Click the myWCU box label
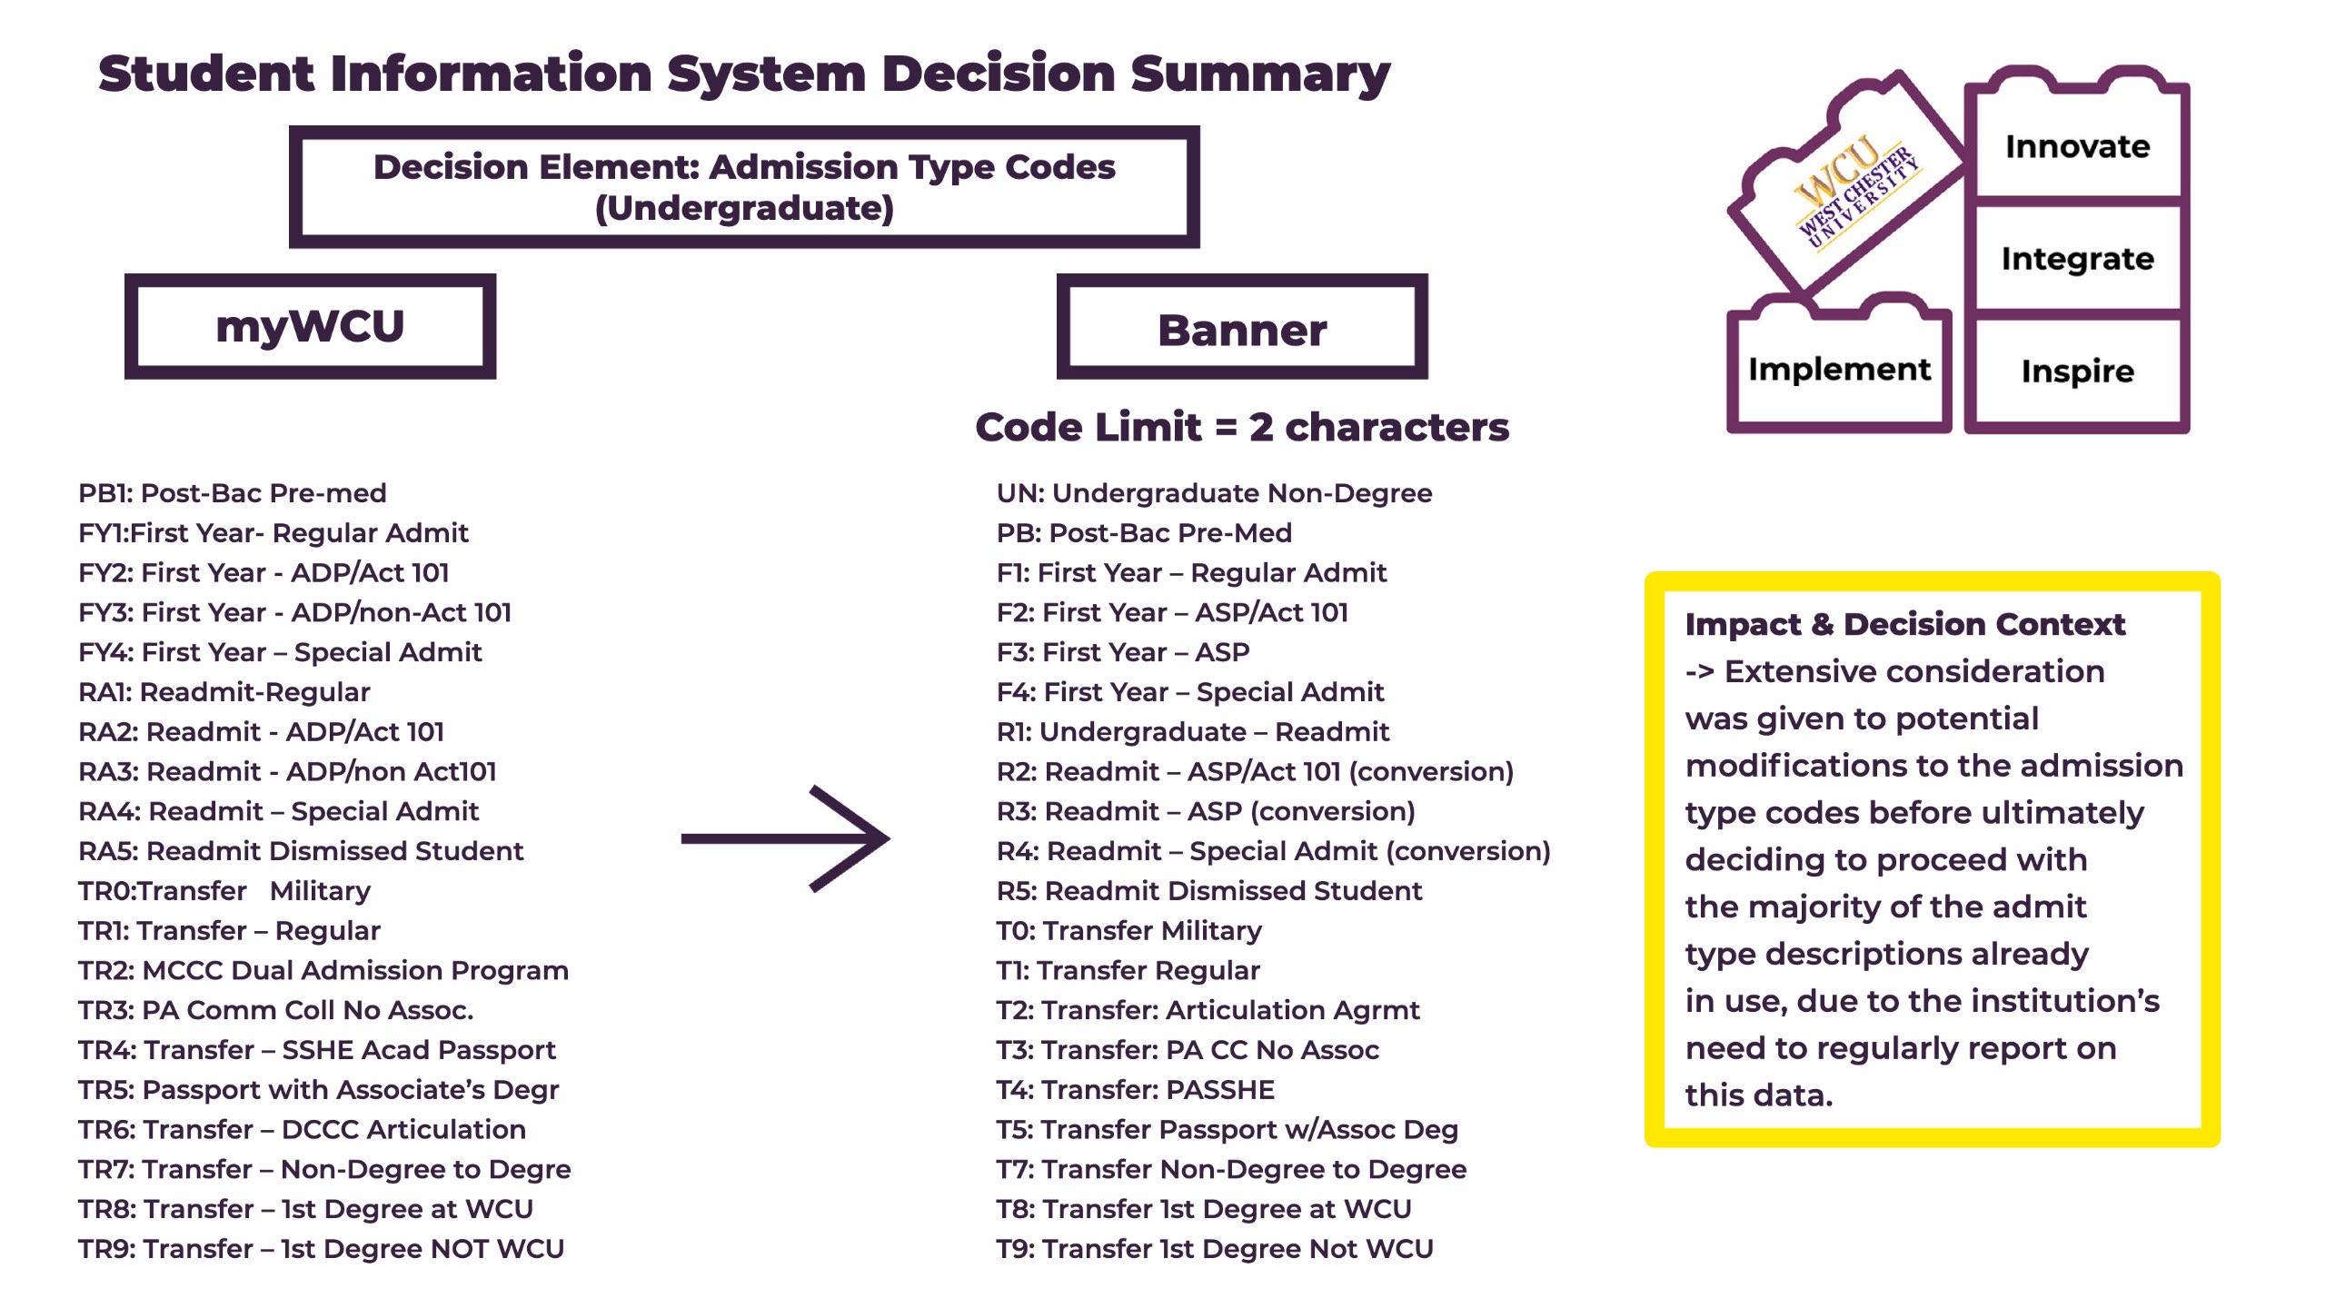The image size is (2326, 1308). (x=310, y=326)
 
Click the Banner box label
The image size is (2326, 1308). (x=1242, y=330)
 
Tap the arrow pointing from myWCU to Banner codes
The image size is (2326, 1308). (x=785, y=838)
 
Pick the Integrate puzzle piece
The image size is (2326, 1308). (x=2077, y=259)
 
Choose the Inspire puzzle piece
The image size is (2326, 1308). (x=2077, y=372)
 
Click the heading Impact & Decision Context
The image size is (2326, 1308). (x=1904, y=624)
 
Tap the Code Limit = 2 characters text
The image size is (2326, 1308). (x=1242, y=427)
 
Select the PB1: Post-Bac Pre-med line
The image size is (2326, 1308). (x=233, y=493)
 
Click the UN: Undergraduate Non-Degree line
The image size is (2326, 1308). (x=1214, y=493)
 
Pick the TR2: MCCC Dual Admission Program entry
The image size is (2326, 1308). (x=323, y=970)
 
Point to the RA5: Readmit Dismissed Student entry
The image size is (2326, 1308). (x=301, y=851)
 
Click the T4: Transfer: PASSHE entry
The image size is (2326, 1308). (x=1136, y=1089)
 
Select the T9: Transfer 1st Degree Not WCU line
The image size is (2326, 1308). (x=1215, y=1249)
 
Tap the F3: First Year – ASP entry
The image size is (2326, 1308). (x=1123, y=652)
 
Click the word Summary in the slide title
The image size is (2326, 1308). (x=1260, y=74)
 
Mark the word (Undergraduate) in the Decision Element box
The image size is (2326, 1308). (x=744, y=209)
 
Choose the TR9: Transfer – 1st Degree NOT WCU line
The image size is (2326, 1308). (x=321, y=1249)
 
